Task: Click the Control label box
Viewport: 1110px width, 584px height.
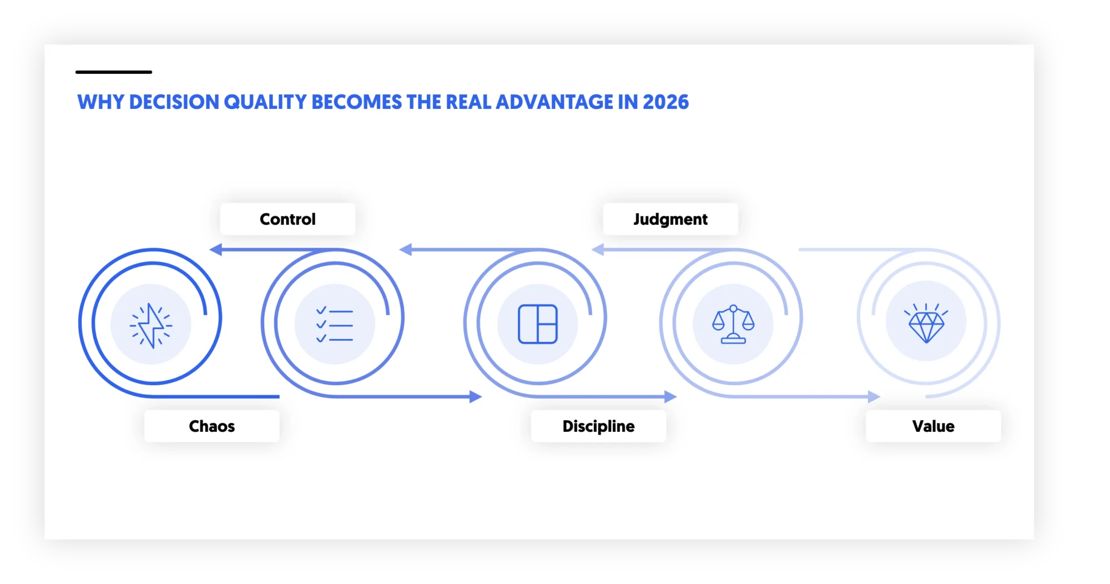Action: tap(287, 219)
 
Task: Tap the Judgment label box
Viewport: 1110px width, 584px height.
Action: tap(670, 219)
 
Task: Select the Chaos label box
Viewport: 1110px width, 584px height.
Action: tap(211, 426)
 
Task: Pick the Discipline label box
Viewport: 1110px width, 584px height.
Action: tap(598, 426)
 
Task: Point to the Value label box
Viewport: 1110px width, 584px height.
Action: tap(933, 426)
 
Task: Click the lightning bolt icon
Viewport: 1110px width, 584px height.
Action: tap(151, 325)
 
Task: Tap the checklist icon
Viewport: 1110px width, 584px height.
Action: tap(334, 325)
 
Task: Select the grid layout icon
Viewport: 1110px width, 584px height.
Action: tap(537, 324)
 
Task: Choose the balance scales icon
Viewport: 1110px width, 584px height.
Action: tap(733, 324)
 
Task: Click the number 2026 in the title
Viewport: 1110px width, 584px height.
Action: tap(665, 102)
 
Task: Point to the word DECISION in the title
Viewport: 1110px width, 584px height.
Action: tap(174, 102)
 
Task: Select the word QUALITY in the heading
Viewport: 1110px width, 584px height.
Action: tap(265, 102)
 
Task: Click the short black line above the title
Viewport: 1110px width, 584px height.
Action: tap(114, 72)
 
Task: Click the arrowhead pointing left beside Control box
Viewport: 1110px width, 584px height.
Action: tap(216, 250)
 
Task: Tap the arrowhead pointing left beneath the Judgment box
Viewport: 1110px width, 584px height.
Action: tap(598, 250)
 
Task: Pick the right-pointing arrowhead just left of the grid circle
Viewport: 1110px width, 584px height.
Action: tap(476, 397)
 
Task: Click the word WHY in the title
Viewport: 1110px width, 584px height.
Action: tap(100, 102)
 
